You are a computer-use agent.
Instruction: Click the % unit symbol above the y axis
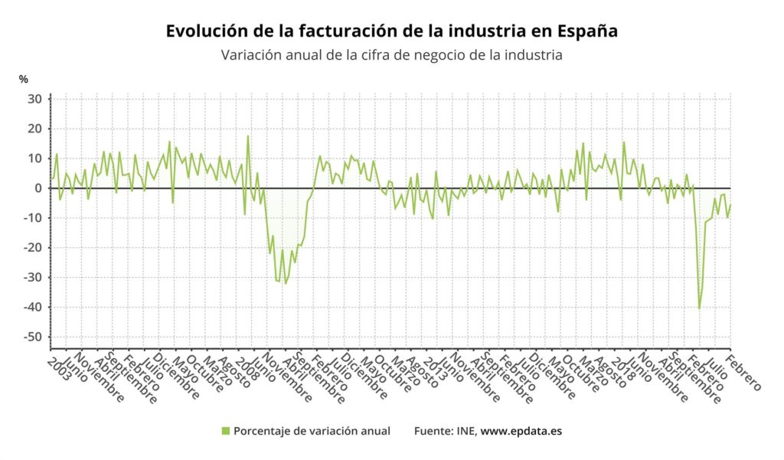point(24,80)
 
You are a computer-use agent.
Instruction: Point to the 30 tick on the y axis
point(35,99)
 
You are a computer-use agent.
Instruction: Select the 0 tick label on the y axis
point(38,188)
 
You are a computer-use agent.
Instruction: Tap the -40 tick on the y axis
point(33,308)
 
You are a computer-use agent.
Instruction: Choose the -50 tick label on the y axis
point(33,337)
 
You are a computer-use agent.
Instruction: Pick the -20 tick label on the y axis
point(33,248)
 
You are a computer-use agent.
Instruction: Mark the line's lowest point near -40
point(699,308)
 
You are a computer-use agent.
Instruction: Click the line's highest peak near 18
point(247,136)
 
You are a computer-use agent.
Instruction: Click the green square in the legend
point(226,431)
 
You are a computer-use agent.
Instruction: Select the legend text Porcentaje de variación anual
point(312,431)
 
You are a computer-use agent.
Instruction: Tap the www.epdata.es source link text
point(521,431)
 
